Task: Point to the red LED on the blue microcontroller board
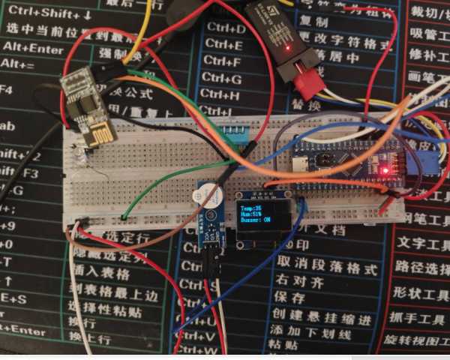click(x=385, y=171)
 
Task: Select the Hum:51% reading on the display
click(x=253, y=215)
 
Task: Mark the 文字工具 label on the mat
click(x=421, y=243)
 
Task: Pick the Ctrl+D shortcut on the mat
click(x=225, y=28)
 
